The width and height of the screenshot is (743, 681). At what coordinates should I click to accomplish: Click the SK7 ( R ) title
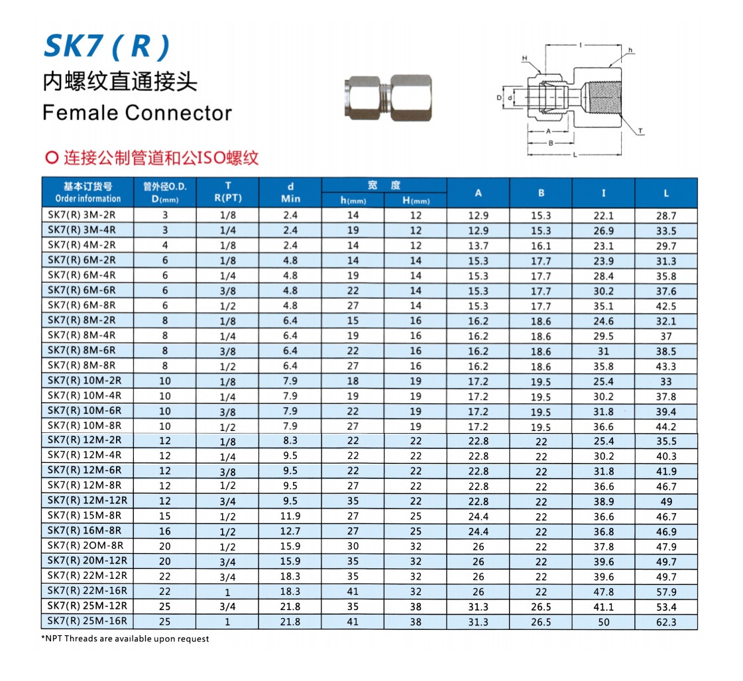point(107,46)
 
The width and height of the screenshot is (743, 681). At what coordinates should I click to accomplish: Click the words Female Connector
point(137,113)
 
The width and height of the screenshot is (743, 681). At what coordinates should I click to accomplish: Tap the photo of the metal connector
point(388,97)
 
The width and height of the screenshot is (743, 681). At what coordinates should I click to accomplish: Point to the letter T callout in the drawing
point(640,131)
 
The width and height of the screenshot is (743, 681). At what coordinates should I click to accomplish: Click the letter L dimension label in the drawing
point(575,155)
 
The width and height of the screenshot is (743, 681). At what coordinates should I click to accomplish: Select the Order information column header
point(87,198)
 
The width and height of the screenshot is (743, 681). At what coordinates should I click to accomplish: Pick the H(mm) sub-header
point(416,200)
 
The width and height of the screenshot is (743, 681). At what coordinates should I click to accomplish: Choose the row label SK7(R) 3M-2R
point(82,215)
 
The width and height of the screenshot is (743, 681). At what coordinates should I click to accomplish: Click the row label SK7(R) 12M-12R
point(87,501)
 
